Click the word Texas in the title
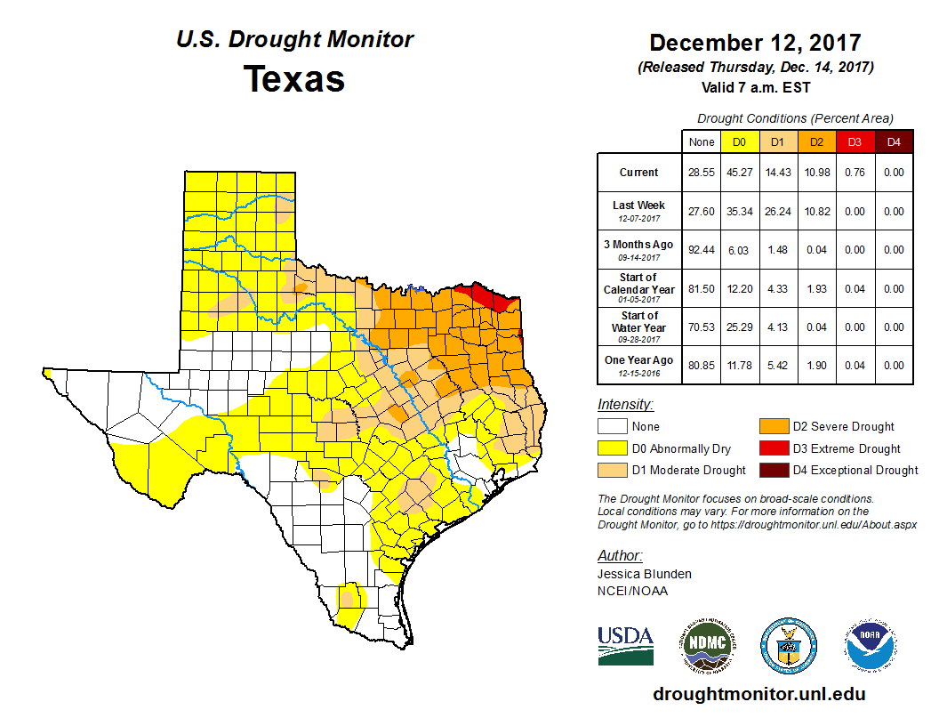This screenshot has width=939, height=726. point(294,79)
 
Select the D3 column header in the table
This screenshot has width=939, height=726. point(853,142)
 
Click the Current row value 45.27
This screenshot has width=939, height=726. point(739,173)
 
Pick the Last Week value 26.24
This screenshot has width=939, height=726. point(778,212)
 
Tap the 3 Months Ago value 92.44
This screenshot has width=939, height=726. point(702,250)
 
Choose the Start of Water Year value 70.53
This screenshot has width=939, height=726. point(702,327)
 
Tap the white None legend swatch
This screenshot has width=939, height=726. point(613,427)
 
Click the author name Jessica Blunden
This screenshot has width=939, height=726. point(645,574)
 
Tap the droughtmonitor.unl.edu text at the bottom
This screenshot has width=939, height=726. point(758,694)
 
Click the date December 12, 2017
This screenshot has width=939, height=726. point(755,42)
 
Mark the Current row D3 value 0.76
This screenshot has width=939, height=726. point(853,173)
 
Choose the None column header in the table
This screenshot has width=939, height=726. point(702,142)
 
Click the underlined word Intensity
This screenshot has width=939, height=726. point(625,404)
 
